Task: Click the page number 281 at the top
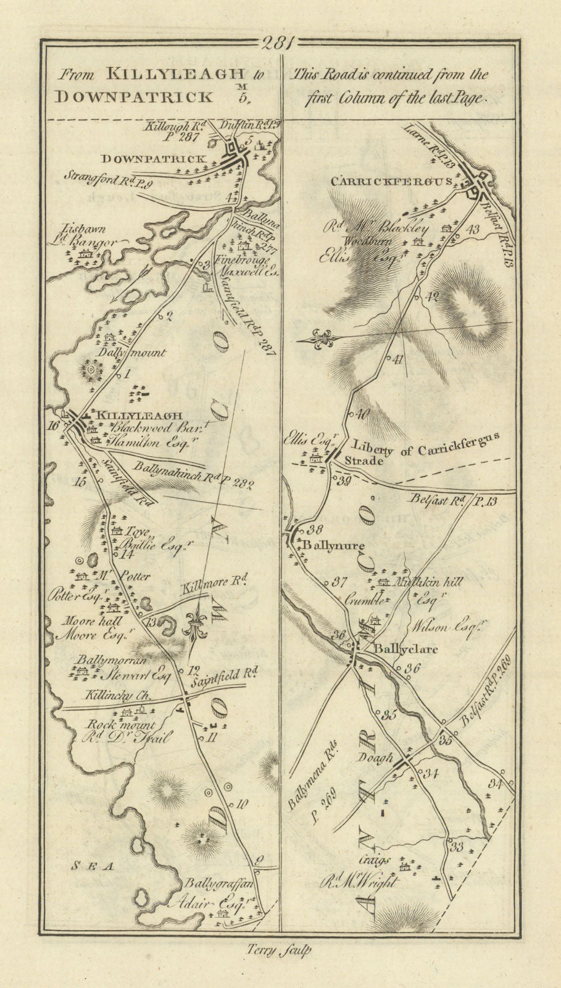pyautogui.click(x=280, y=43)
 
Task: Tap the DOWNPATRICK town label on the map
pyautogui.click(x=154, y=159)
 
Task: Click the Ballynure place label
pyautogui.click(x=334, y=546)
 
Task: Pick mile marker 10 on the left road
pyautogui.click(x=241, y=805)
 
